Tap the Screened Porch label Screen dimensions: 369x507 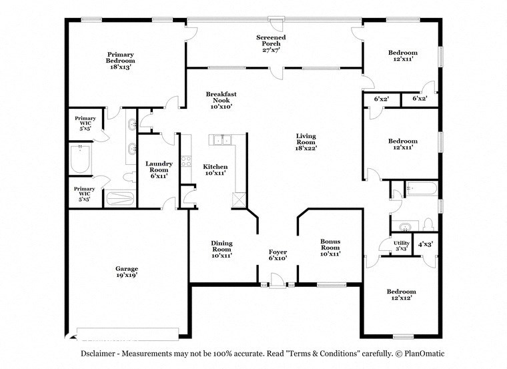(271, 43)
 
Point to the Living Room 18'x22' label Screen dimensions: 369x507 (306, 141)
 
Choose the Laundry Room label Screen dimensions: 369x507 (159, 169)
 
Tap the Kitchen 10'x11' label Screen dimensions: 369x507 (215, 170)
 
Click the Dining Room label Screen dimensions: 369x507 (221, 249)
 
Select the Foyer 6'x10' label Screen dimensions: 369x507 (278, 255)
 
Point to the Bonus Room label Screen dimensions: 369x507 (330, 247)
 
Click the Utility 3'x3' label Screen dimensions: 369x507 (401, 246)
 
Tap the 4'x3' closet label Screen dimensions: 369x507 (425, 244)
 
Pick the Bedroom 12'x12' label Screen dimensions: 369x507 (402, 294)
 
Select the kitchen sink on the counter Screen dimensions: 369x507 (220, 139)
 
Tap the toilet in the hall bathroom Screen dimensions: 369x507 (429, 223)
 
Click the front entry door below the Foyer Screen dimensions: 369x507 (277, 286)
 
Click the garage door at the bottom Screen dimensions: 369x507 (127, 330)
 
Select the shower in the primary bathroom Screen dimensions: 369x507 (121, 198)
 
